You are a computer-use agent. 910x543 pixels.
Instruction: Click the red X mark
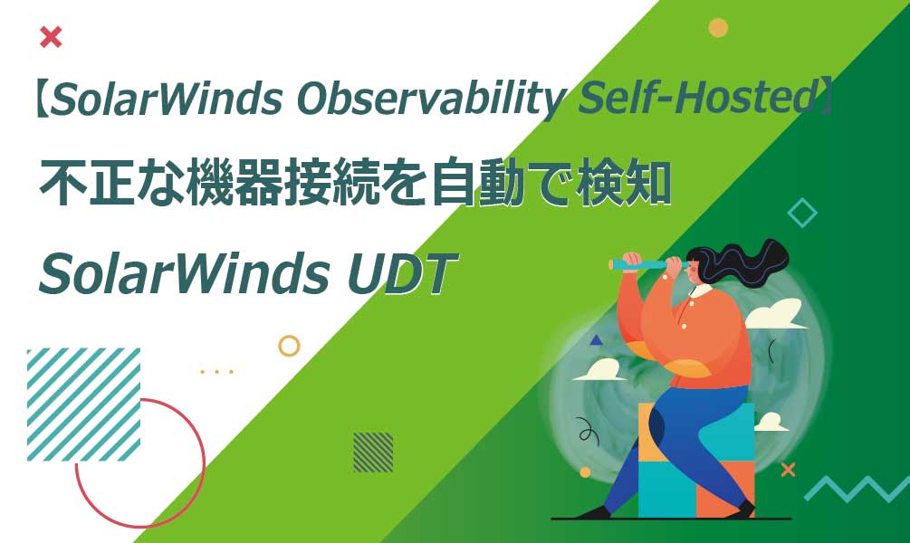52,37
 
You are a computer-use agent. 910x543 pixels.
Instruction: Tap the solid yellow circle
718,28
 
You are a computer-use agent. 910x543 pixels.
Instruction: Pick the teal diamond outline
801,213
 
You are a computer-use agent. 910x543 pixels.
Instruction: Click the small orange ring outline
289,346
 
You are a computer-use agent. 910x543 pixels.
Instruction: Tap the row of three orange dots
216,372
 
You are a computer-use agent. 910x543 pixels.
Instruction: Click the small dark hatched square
373,452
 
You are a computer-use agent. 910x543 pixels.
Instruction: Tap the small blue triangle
596,341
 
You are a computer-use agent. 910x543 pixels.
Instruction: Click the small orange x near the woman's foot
788,469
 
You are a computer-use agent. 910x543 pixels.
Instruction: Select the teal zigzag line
856,489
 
